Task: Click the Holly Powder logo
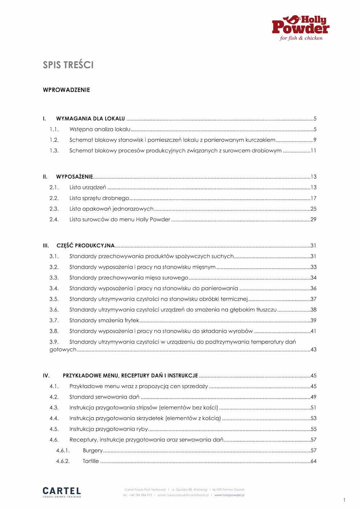pos(301,28)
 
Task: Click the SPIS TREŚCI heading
pos(68,65)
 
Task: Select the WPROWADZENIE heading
pos(66,90)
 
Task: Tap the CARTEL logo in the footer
pos(62,492)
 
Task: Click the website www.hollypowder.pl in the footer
pos(229,495)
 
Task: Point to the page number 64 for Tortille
pos(313,461)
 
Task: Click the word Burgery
pos(93,450)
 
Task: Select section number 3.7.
pos(54,320)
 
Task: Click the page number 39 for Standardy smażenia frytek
pos(313,320)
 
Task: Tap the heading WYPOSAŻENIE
pos(75,177)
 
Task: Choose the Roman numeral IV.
pos(46,376)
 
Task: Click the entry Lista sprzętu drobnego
pos(99,198)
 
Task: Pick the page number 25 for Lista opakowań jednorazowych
pos(313,209)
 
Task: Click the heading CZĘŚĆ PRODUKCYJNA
pos(86,246)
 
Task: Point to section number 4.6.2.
pos(63,461)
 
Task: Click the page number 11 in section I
pos(313,150)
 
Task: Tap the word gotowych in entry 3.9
pos(63,350)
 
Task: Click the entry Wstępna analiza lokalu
pos(100,129)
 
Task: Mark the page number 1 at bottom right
pos(344,500)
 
